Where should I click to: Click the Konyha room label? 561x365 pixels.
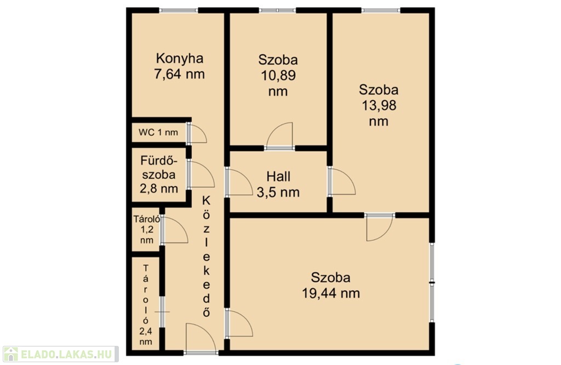point(180,58)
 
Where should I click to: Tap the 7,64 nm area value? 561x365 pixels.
point(180,74)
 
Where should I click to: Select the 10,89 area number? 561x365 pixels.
point(278,76)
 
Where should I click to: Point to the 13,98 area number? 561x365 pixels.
point(379,106)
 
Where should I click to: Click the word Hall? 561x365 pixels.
point(278,176)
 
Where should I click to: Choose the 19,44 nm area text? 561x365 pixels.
point(331,293)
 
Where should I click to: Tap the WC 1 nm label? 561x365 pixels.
point(158,132)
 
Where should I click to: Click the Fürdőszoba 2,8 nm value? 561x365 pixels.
point(159,188)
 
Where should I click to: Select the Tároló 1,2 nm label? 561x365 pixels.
point(147,229)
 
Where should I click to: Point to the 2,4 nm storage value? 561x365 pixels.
point(146,337)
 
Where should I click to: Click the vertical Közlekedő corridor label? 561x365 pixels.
point(207,257)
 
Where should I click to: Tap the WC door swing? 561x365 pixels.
point(197,133)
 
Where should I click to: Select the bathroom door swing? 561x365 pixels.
point(201,174)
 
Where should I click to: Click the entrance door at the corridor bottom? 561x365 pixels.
point(201,338)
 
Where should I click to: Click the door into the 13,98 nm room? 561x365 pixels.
point(342,181)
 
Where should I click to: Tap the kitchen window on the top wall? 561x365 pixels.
point(179,10)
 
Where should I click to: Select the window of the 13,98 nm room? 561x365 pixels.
point(381,10)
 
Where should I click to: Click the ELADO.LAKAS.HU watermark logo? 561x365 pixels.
point(60,354)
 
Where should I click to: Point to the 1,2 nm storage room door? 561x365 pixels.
point(175,229)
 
